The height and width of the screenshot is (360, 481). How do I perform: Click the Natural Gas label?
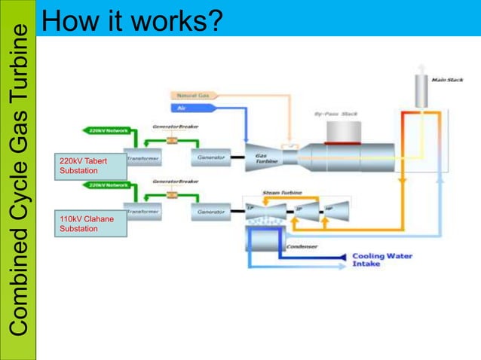(x=194, y=96)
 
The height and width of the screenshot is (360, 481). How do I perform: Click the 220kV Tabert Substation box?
(x=87, y=167)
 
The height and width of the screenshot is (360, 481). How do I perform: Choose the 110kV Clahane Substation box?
(x=87, y=224)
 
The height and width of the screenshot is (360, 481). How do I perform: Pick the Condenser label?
(x=302, y=246)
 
